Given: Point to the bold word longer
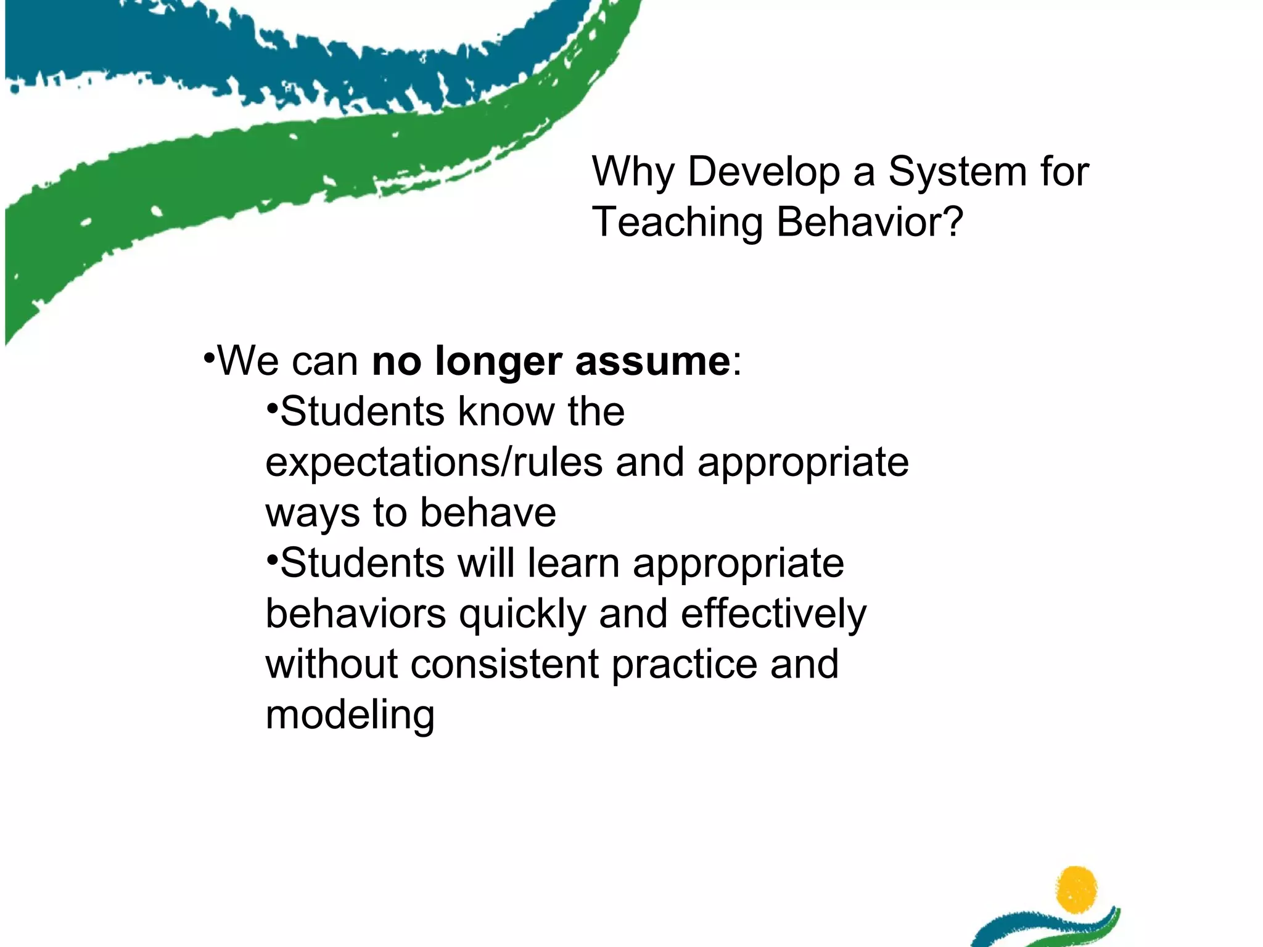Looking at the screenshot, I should [x=498, y=362].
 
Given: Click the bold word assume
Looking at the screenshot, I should [x=652, y=362].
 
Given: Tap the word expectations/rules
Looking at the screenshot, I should [x=434, y=462].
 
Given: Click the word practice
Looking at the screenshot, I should [x=684, y=665].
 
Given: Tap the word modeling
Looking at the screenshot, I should [x=350, y=716].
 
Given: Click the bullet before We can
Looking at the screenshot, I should [x=210, y=358].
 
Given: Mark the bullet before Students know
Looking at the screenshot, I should [x=273, y=408].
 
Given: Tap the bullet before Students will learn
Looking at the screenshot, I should [x=273, y=559].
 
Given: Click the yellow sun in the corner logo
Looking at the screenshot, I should [x=1076, y=889].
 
